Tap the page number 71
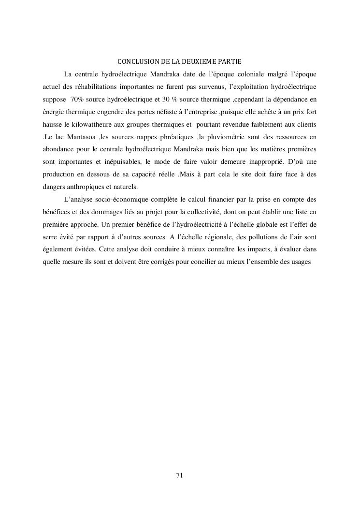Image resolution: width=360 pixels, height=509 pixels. [x=179, y=475]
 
